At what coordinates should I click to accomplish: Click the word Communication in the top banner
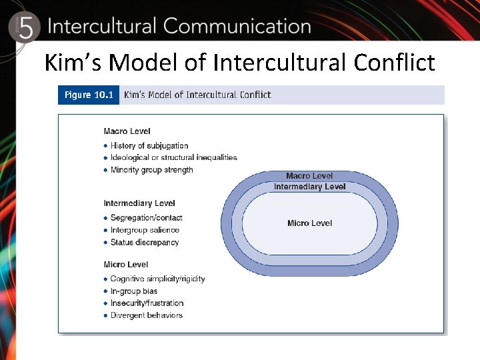pos(237,27)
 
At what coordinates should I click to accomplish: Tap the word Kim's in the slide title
pos(73,63)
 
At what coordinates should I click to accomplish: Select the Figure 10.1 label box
pos(88,95)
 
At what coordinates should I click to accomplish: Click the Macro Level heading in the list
pos(127,131)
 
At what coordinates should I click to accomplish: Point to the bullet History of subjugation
pos(149,145)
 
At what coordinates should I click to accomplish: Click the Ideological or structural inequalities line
pos(173,157)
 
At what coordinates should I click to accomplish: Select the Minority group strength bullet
pos(151,170)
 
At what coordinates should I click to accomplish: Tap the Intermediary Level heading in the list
pos(139,203)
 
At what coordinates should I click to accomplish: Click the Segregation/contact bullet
pos(146,218)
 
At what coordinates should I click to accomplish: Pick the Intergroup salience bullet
pos(145,230)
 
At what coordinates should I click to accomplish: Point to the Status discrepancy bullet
pos(145,243)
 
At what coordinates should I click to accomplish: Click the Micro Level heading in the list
pos(125,265)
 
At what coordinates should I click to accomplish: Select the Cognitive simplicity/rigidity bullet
pos(157,279)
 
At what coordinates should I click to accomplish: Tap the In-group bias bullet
pos(134,291)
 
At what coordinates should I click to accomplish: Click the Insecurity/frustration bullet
pos(147,303)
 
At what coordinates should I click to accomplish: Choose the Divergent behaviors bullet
pos(146,315)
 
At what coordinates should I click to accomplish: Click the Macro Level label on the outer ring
pos(309,176)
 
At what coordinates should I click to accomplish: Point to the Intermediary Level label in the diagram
pos(309,187)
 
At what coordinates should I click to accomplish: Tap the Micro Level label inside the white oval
pos(309,223)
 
